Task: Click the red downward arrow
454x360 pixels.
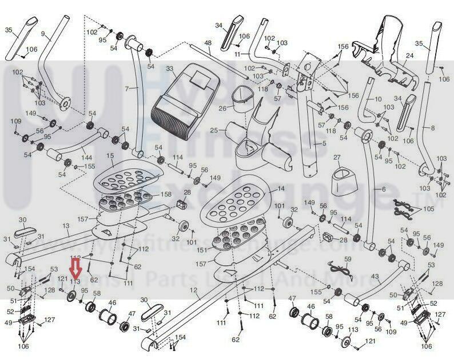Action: (74, 268)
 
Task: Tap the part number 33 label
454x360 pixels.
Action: (169, 69)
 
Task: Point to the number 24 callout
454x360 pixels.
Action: (409, 56)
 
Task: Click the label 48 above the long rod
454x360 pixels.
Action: (208, 43)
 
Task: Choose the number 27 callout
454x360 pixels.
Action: (337, 157)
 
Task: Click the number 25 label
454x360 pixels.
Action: (214, 130)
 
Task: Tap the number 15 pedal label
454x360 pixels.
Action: (110, 155)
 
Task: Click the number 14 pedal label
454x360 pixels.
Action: (280, 189)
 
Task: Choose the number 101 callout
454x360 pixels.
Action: (280, 206)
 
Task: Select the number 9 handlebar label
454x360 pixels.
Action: (42, 34)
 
